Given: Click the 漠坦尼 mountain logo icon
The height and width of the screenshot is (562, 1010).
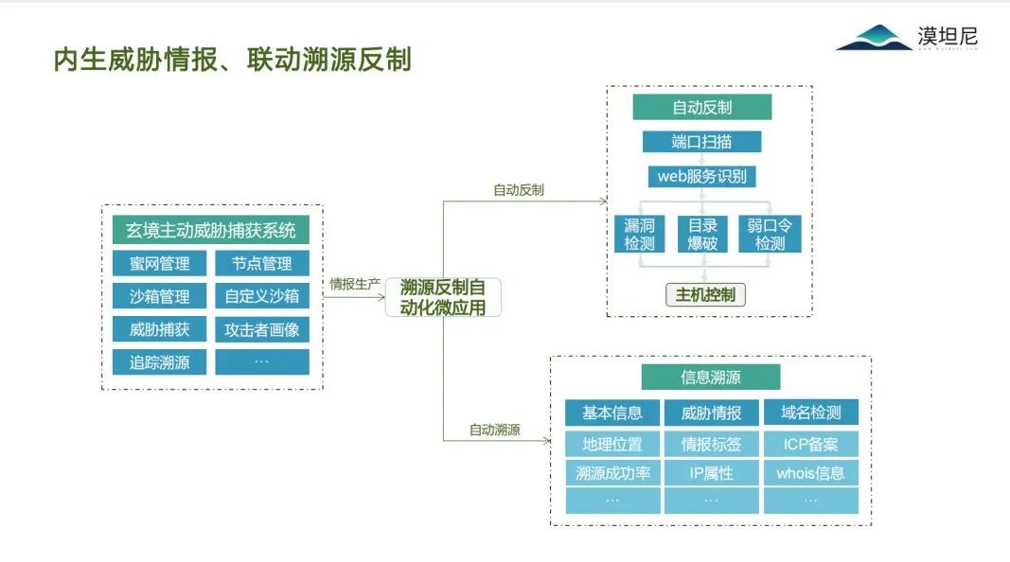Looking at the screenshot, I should point(874,39).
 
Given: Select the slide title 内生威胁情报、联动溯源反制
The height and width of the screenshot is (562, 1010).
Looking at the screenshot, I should point(232,60).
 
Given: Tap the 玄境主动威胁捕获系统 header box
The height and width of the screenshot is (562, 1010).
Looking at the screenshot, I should point(211,230).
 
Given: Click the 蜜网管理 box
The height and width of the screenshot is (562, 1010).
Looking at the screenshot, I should point(159,263).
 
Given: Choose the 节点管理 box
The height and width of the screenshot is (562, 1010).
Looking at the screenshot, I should point(261,263).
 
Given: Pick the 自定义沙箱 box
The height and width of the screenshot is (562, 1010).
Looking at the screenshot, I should point(261,296).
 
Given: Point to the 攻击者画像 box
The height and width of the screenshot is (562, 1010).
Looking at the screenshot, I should point(261,329).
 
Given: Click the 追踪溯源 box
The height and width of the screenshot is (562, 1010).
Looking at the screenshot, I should point(159,361).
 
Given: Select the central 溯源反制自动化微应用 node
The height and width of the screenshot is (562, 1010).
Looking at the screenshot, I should point(443,297).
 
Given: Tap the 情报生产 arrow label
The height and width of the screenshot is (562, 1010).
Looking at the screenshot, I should point(354,283).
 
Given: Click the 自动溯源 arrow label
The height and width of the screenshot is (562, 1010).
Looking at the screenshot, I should point(494,430).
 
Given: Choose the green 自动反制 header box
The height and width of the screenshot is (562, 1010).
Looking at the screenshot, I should point(701,107).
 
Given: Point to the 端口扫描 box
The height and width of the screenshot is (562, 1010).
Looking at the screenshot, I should point(701,142).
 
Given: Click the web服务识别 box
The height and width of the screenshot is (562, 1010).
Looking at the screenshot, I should point(701,176).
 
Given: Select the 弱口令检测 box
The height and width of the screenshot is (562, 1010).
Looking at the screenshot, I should point(769,234).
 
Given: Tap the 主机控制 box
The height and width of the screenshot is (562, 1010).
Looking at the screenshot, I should point(705,294).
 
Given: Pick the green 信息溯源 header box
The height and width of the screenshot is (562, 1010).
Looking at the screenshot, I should point(710,377).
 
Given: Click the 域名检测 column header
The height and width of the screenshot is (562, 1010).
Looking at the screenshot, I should point(810,413).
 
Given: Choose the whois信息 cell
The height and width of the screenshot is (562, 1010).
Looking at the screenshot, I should point(810,472).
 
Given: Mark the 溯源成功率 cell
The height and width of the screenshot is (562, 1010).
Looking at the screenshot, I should point(612,472).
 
